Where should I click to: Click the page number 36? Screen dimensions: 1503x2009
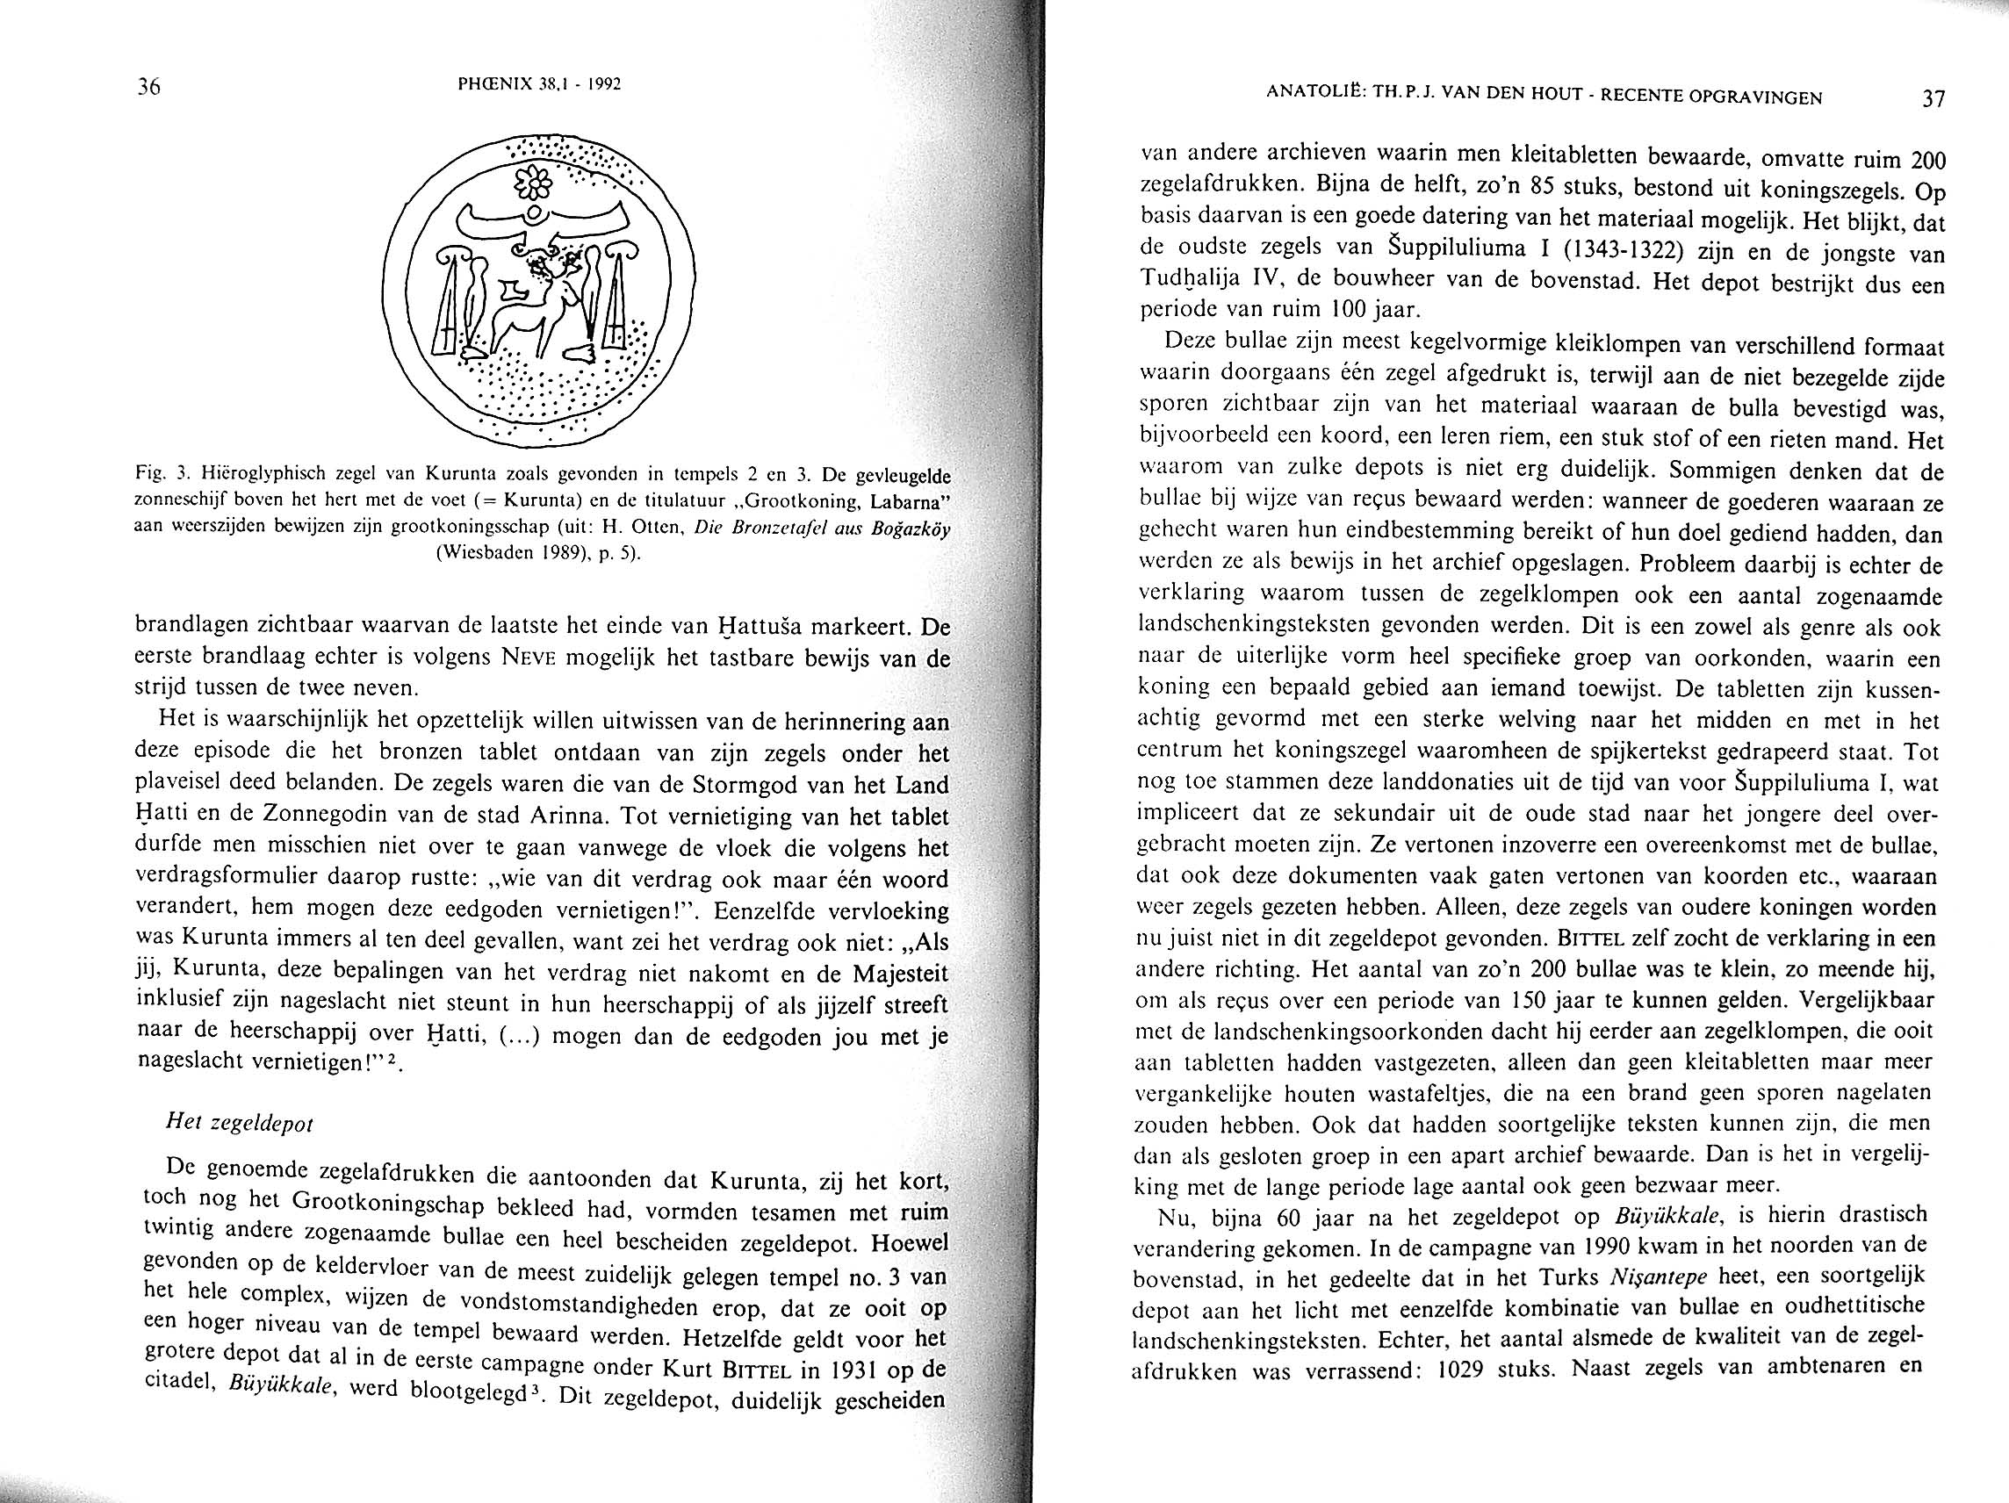[148, 87]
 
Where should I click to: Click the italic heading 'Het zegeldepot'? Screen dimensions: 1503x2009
[240, 1123]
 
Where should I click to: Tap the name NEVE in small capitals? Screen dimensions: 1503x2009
[530, 658]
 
